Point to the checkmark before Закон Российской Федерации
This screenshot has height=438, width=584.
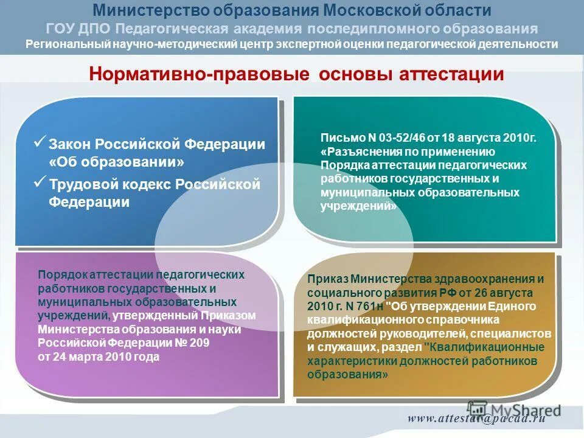[40, 142]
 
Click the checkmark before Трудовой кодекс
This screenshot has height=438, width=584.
[40, 181]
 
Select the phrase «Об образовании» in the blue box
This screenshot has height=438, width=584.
[116, 163]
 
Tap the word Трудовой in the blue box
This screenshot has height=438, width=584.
[79, 184]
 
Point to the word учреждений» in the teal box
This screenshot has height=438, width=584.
[358, 206]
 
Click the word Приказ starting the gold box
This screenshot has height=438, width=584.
[326, 279]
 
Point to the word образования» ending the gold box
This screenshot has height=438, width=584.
[347, 375]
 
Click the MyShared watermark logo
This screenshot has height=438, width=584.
[515, 409]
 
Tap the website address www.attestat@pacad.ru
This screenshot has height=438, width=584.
[476, 418]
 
